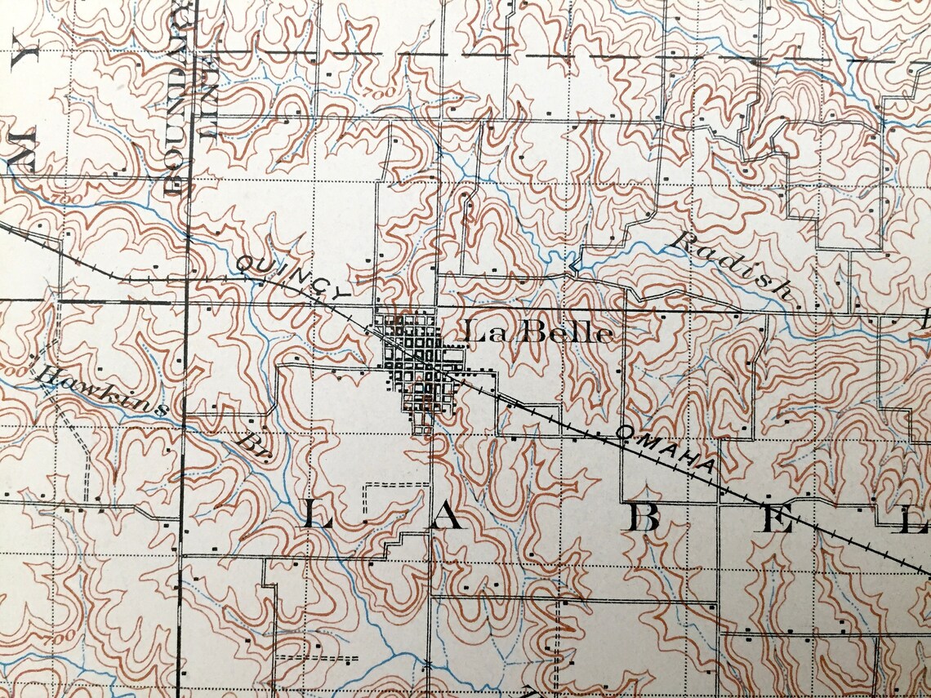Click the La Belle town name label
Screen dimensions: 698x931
(537, 332)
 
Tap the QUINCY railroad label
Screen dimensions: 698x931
(293, 279)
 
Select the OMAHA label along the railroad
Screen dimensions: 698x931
(666, 448)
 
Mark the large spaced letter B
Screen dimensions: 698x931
(645, 518)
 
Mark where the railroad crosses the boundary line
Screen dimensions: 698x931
(187, 278)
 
